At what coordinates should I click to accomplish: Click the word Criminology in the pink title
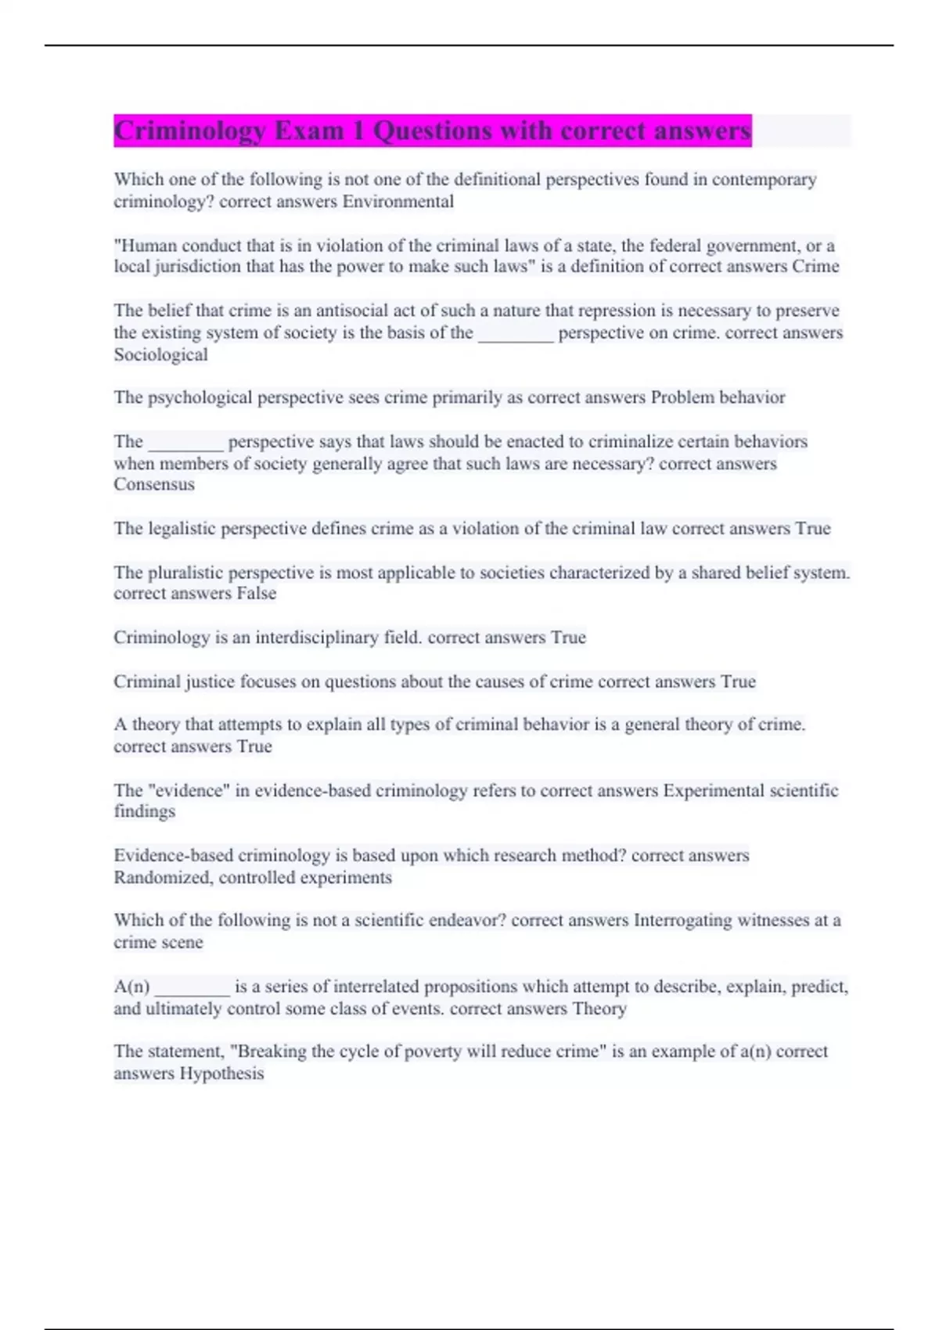pyautogui.click(x=190, y=131)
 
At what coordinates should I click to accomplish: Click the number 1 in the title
pyautogui.click(x=358, y=131)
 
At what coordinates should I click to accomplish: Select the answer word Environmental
pyautogui.click(x=398, y=202)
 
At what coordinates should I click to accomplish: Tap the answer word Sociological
pyautogui.click(x=160, y=354)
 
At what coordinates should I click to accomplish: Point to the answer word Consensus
pyautogui.click(x=154, y=484)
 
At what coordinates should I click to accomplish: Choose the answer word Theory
pyautogui.click(x=599, y=1008)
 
